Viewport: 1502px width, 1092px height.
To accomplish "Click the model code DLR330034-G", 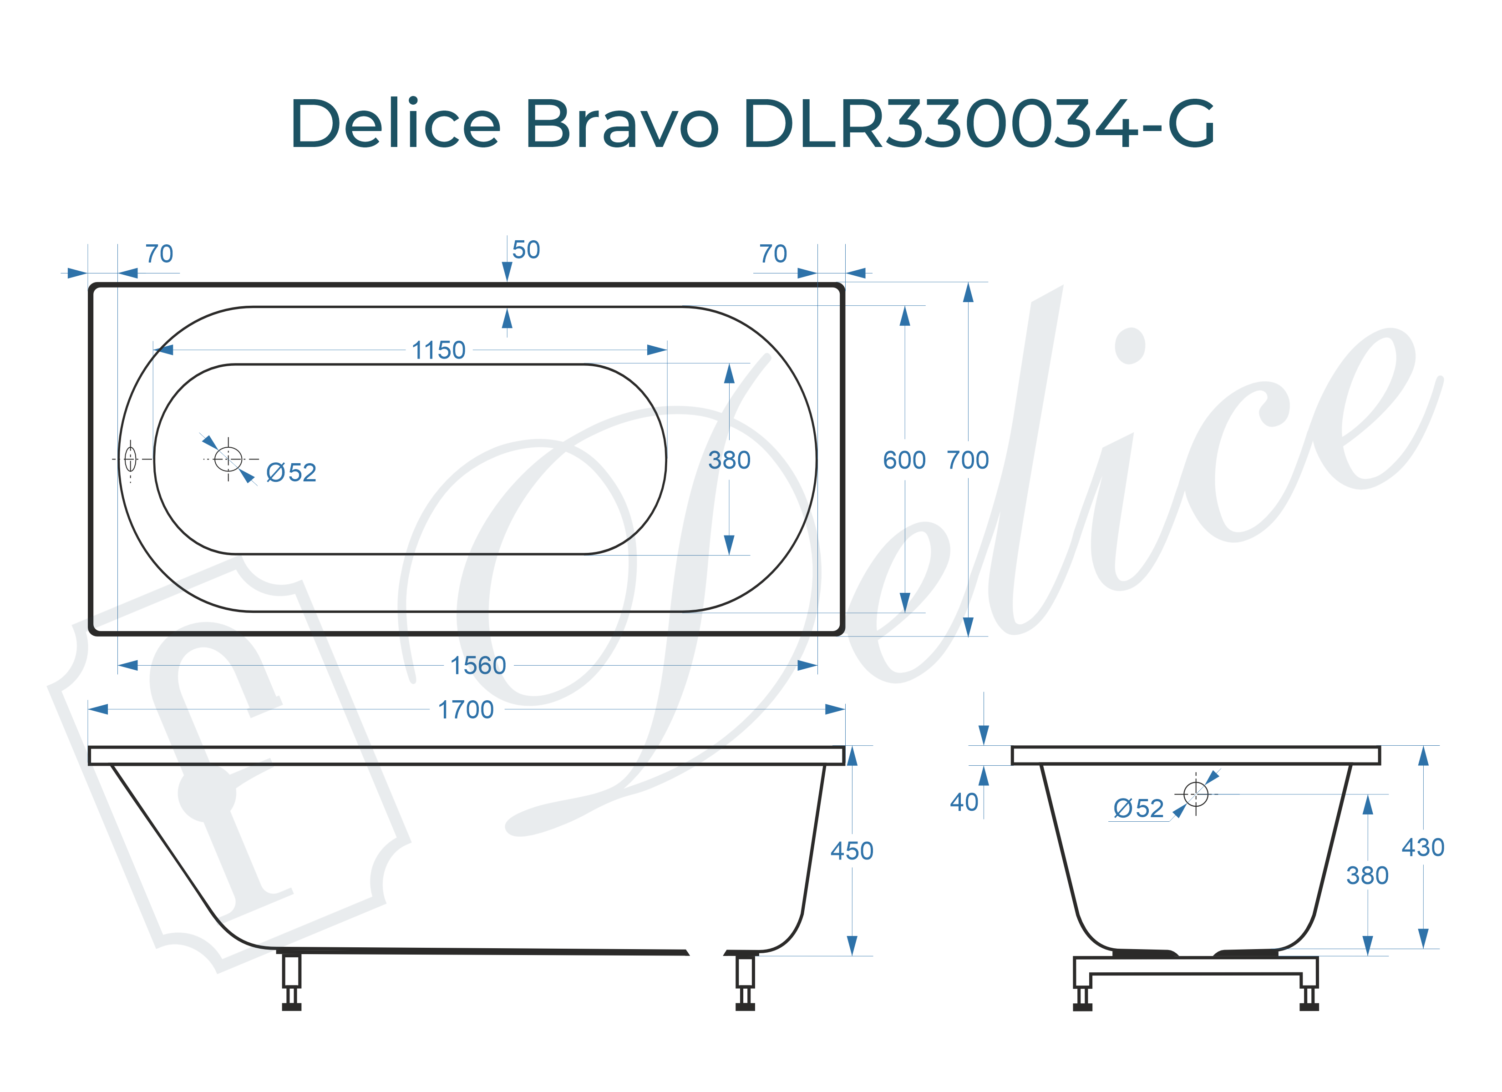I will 979,124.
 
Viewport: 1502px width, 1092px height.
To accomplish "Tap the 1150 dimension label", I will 438,350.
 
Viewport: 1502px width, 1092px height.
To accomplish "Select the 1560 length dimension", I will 478,666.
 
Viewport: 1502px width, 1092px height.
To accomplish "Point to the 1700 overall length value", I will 466,710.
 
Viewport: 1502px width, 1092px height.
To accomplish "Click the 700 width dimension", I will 968,460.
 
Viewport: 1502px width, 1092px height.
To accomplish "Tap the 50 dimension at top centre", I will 526,250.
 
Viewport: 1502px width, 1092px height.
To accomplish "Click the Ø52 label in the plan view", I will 291,473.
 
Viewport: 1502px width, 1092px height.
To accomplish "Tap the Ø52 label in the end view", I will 1138,809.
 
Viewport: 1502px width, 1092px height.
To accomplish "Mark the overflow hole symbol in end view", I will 1195,794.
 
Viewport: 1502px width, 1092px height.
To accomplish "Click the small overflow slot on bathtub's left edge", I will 131,459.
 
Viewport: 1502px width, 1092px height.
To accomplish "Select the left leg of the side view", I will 291,980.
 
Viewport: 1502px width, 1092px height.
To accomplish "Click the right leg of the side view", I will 745,980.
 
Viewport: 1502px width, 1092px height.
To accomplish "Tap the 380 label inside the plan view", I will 729,460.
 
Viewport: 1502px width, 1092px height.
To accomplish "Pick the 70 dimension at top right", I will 773,254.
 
